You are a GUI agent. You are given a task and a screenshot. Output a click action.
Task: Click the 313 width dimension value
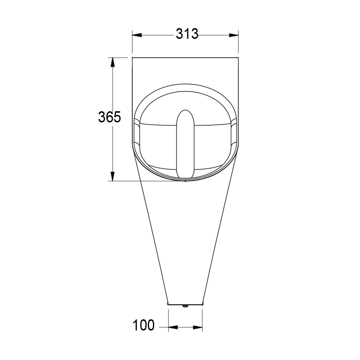tap(187, 34)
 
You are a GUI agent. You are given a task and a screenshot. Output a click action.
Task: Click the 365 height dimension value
tap(109, 117)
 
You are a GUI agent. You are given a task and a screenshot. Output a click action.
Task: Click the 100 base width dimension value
tap(144, 325)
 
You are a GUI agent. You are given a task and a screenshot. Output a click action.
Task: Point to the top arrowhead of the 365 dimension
tap(113, 62)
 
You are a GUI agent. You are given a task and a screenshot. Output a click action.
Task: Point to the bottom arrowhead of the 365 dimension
tap(113, 176)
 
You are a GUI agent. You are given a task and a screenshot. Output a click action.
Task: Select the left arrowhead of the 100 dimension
tap(173, 327)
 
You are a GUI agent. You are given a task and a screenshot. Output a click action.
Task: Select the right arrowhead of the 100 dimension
tap(198, 327)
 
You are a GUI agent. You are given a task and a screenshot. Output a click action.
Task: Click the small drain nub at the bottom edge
tap(185, 306)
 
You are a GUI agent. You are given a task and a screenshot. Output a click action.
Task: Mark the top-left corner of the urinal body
tap(132, 58)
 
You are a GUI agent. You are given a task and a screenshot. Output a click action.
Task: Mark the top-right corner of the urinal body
tap(239, 58)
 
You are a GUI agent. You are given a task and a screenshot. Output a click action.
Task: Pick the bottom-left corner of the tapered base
tap(168, 303)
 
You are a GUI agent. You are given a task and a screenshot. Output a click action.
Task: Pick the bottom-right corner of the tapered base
tap(203, 303)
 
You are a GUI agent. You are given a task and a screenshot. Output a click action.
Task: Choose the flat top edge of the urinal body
tap(185, 57)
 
